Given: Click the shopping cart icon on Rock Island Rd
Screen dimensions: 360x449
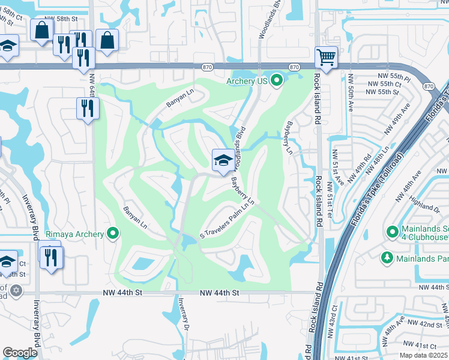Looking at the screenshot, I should (326, 58).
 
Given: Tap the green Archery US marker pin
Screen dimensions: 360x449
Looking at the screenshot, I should (276, 80).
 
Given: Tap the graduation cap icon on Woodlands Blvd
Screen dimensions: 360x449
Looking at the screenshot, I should (223, 160).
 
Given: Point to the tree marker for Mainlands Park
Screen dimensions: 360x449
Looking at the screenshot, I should (387, 257).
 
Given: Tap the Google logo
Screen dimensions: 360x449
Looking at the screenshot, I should (20, 353).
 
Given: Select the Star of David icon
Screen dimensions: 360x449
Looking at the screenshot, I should (16, 290).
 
